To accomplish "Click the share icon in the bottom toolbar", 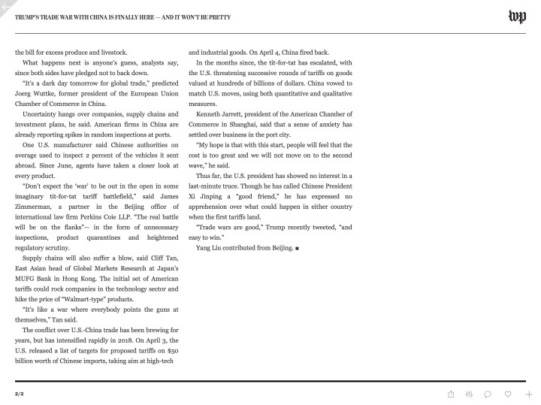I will click(451, 394).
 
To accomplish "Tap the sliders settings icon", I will click(469, 394).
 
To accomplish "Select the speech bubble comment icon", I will click(488, 394).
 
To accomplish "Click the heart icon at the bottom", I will click(508, 394).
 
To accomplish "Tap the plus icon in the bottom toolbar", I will click(529, 394).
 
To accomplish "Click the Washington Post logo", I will click(517, 17).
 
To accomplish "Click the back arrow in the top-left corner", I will click(5, 6).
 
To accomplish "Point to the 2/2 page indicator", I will click(19, 394).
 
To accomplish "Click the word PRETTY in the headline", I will click(219, 17).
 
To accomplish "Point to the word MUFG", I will click(26, 278).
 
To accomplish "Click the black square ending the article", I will click(298, 247).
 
